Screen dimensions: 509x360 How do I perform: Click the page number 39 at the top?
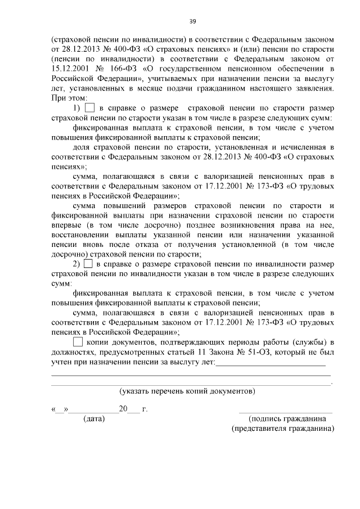coord(192,21)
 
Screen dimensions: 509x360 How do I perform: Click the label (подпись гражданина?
coord(286,419)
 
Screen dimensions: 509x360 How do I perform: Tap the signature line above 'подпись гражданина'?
coord(285,411)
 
